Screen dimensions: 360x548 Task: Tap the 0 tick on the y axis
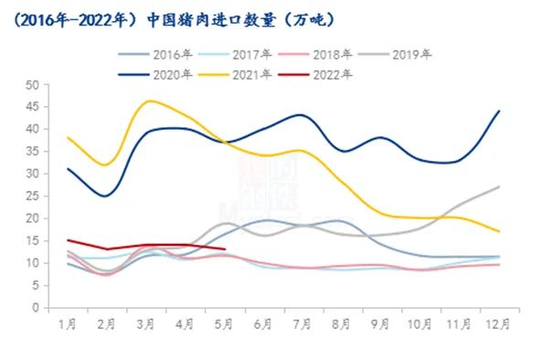point(34,308)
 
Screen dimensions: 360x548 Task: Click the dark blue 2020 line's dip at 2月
point(107,196)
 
